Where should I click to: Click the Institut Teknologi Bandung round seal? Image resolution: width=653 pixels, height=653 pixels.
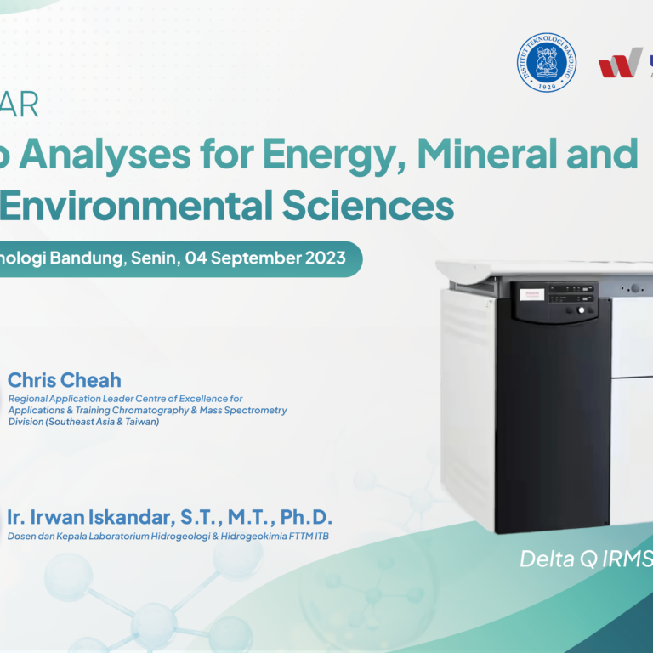546,62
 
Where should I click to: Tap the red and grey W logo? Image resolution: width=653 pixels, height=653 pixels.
620,63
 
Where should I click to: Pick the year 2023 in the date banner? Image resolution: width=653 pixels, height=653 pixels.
326,258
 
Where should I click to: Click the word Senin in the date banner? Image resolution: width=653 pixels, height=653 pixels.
156,258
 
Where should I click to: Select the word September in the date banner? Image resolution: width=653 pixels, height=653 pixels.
258,258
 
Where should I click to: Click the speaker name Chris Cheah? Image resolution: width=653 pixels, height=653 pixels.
65,380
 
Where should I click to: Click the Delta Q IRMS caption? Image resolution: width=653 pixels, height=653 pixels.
585,559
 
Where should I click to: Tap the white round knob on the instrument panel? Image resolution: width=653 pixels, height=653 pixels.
582,309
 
